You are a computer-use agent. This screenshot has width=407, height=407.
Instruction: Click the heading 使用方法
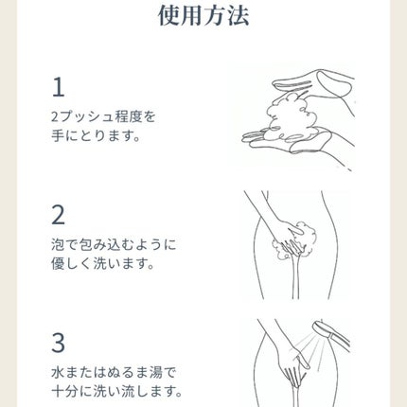click(x=203, y=15)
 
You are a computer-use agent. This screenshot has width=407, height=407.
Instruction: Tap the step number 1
click(x=59, y=87)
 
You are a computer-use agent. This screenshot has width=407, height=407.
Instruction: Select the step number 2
click(x=58, y=215)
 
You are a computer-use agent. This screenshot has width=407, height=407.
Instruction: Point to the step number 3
click(x=58, y=343)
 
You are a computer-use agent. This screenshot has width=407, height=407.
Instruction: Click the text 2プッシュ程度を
click(x=103, y=117)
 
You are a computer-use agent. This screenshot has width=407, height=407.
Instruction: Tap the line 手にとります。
click(x=96, y=136)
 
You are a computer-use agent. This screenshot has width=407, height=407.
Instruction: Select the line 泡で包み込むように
click(x=114, y=245)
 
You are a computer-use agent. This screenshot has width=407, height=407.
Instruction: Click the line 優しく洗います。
click(x=103, y=263)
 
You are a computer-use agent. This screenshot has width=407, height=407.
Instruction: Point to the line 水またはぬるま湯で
click(x=114, y=373)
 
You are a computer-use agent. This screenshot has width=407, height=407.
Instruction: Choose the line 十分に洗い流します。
click(x=116, y=391)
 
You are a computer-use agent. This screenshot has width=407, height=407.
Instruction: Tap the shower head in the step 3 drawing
click(x=330, y=335)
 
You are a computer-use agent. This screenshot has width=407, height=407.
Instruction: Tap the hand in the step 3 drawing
click(x=292, y=366)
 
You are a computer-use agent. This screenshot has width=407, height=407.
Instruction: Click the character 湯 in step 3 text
click(x=154, y=373)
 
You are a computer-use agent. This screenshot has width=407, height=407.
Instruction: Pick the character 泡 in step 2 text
click(x=58, y=245)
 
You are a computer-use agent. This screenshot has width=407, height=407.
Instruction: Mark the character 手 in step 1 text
click(x=58, y=136)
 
